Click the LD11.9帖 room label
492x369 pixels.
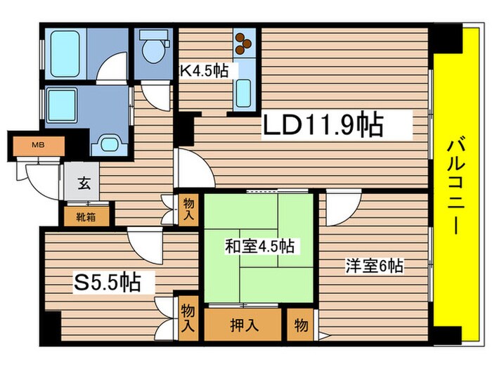click(x=323, y=127)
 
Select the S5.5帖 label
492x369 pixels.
click(x=108, y=283)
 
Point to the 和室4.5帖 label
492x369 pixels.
click(x=259, y=247)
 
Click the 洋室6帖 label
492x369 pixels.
click(x=373, y=267)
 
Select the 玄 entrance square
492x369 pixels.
click(x=83, y=184)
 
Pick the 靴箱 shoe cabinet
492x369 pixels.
click(x=87, y=216)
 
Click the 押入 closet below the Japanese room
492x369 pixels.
click(x=242, y=326)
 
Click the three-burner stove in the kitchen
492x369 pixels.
click(x=244, y=44)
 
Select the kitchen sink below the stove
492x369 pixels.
click(x=242, y=92)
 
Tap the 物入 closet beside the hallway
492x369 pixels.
click(x=187, y=209)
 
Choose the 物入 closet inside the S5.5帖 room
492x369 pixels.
click(x=188, y=317)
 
